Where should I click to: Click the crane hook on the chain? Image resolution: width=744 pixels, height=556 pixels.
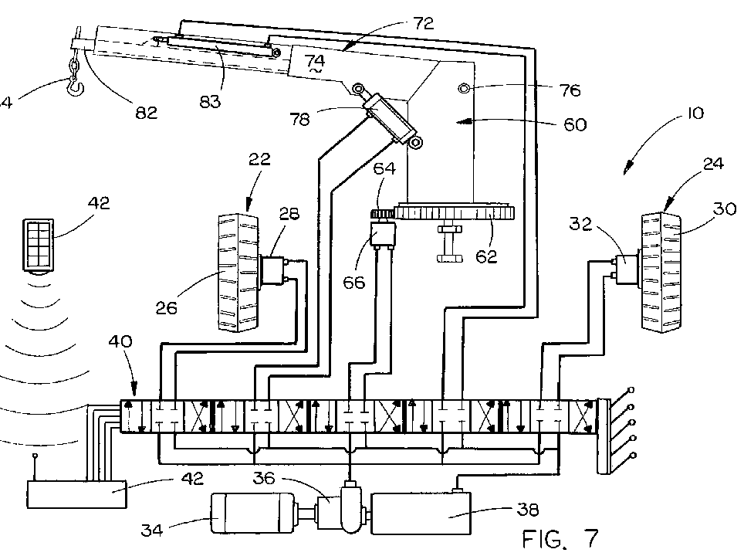(x=76, y=87)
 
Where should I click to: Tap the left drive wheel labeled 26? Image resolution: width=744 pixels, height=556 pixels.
(x=238, y=273)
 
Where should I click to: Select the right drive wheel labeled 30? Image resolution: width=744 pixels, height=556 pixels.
(x=661, y=273)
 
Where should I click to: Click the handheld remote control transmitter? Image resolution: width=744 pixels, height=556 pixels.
(x=39, y=246)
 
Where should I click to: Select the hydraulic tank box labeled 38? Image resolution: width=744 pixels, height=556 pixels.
(x=421, y=514)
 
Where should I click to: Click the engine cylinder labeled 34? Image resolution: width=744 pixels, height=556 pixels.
(x=252, y=514)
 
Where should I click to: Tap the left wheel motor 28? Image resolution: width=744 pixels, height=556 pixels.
(x=272, y=270)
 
